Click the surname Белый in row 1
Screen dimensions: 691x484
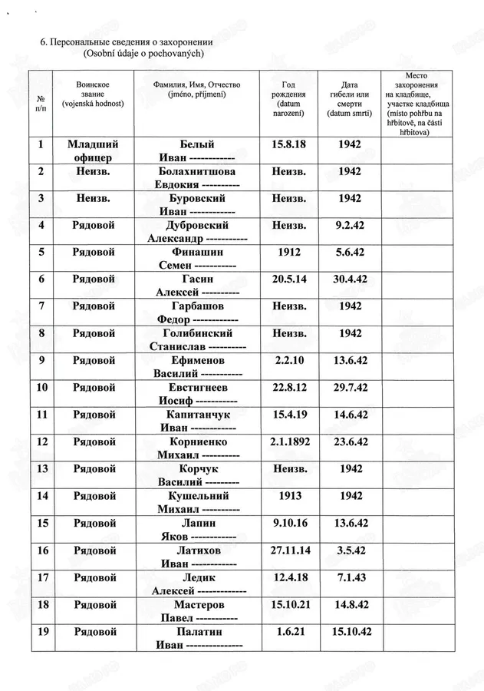click(x=196, y=144)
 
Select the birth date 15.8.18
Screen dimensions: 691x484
click(x=289, y=144)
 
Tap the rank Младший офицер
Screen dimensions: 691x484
click(x=94, y=151)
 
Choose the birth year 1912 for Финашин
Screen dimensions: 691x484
click(x=289, y=253)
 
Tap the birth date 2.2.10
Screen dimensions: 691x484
click(x=289, y=361)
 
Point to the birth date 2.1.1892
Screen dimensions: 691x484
click(x=289, y=441)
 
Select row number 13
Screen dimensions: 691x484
click(x=41, y=468)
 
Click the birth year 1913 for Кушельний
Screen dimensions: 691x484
click(x=289, y=496)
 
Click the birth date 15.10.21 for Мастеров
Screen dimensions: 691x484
click(x=289, y=604)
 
